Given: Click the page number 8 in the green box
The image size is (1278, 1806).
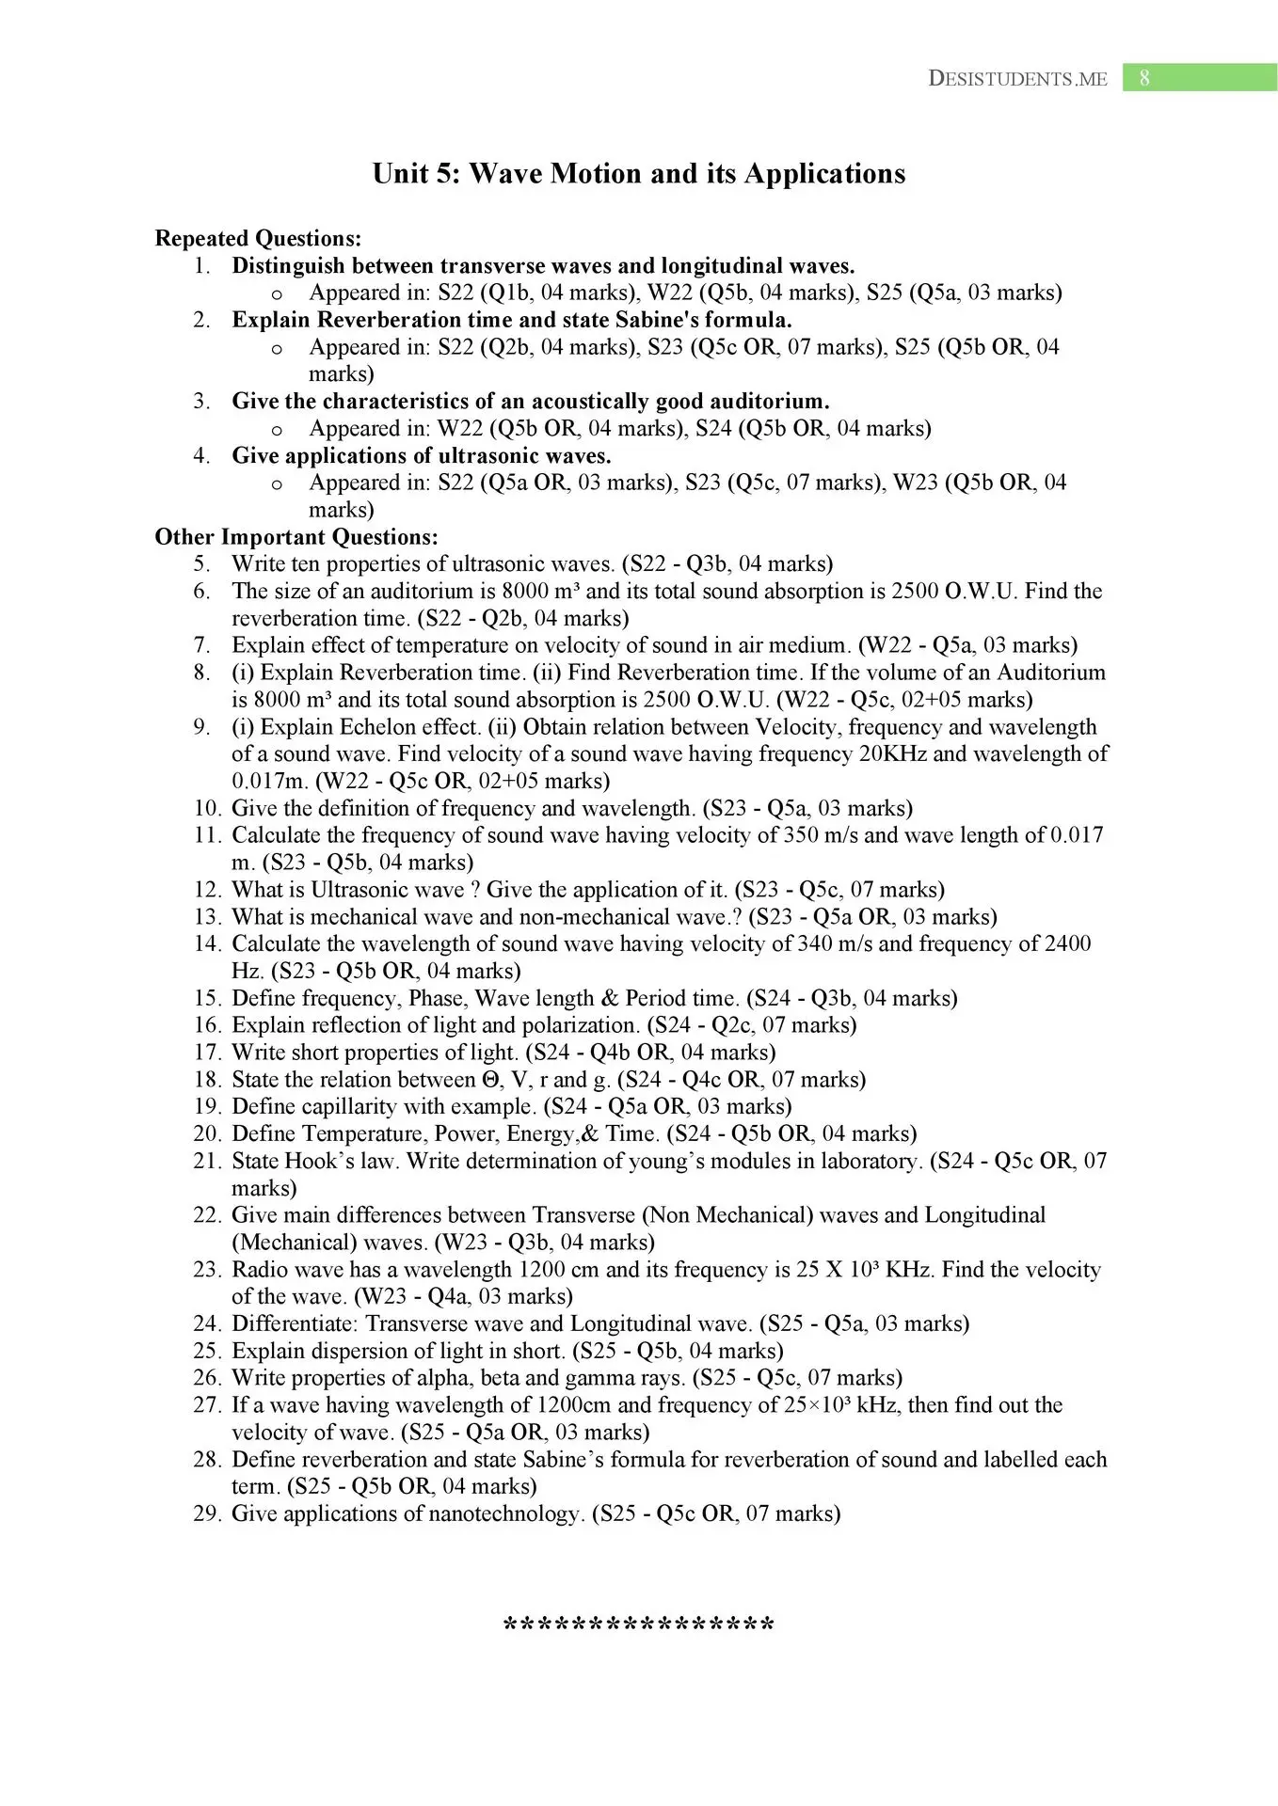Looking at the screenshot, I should point(1144,78).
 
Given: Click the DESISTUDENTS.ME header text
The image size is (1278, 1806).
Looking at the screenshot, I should point(1017,79).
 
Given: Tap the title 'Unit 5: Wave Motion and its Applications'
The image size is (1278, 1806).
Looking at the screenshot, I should point(639,173).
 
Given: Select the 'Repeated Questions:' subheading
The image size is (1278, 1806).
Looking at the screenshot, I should point(258,239).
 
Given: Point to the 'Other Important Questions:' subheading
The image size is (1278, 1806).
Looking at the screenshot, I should point(296,537).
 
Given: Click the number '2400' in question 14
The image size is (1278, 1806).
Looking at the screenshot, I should point(1067,944).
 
